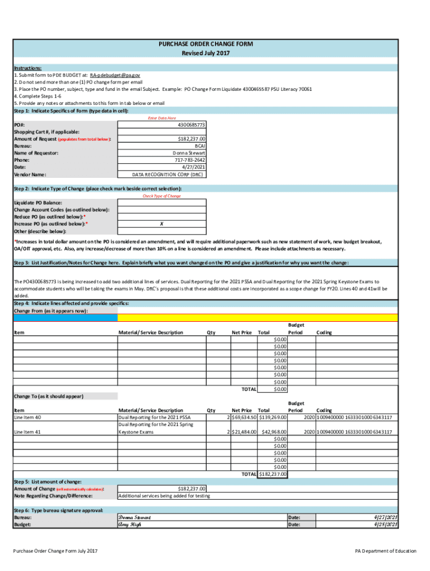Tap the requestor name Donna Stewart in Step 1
point(189,153)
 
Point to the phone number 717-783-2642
point(190,160)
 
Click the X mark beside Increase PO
point(161,224)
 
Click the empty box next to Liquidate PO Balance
point(161,203)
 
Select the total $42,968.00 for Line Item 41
point(274,432)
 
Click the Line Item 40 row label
point(27,417)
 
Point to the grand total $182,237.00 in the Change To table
point(273,474)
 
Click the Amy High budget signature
point(130,524)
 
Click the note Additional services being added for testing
point(164,496)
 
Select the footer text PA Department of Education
point(385,551)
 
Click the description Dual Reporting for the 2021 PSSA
point(155,417)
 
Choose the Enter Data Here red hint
point(161,118)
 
